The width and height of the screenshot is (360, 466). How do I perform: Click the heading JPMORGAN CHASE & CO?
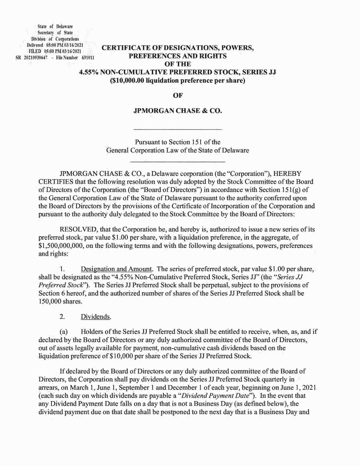click(x=178, y=111)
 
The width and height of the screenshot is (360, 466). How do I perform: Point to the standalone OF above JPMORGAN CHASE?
click(x=178, y=96)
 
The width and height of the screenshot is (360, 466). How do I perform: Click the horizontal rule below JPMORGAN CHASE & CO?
click(x=178, y=129)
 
